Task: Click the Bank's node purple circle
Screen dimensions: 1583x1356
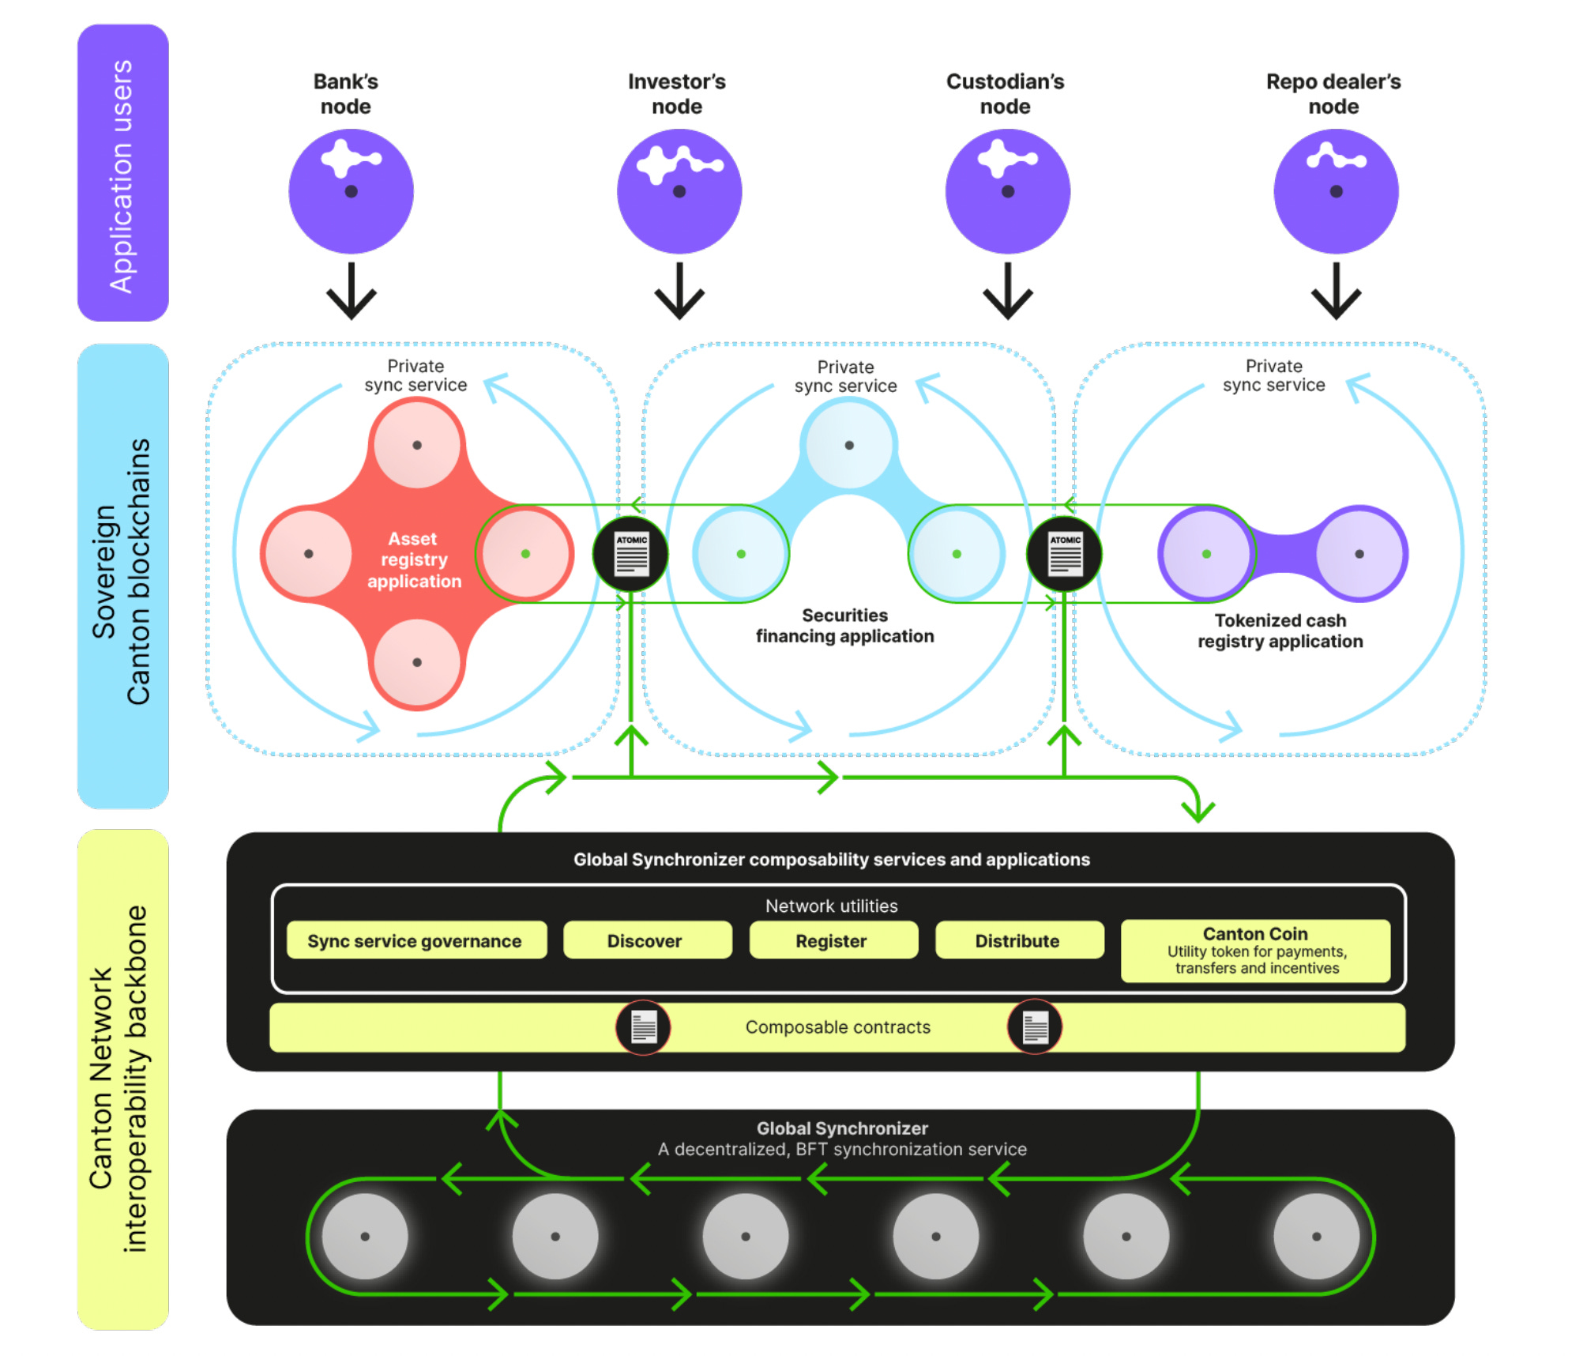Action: pyautogui.click(x=351, y=191)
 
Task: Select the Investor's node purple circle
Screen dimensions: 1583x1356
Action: pyautogui.click(x=679, y=191)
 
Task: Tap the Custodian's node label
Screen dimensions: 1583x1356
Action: pyautogui.click(x=1005, y=94)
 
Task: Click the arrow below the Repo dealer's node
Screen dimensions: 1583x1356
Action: pyautogui.click(x=1336, y=291)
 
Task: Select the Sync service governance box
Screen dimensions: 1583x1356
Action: pyautogui.click(x=416, y=940)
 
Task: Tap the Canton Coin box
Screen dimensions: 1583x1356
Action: pyautogui.click(x=1255, y=951)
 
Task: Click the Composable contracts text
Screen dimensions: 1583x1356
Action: pyautogui.click(x=838, y=1027)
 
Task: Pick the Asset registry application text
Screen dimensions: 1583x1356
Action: pyautogui.click(x=414, y=559)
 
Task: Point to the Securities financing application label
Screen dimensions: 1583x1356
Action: pyautogui.click(x=844, y=626)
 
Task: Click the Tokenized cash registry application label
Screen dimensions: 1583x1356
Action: pyautogui.click(x=1280, y=631)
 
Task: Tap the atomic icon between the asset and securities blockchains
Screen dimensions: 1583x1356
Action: pyautogui.click(x=631, y=553)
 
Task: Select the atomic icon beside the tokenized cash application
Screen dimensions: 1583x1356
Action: pyautogui.click(x=1065, y=553)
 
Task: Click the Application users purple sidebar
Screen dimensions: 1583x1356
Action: pyautogui.click(x=123, y=173)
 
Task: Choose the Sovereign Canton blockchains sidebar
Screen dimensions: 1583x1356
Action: pyautogui.click(x=123, y=576)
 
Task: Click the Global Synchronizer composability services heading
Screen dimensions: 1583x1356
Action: pyautogui.click(x=831, y=860)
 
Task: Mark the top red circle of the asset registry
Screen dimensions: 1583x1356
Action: pyautogui.click(x=417, y=444)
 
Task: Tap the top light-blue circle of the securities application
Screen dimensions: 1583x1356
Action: pyautogui.click(x=848, y=444)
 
